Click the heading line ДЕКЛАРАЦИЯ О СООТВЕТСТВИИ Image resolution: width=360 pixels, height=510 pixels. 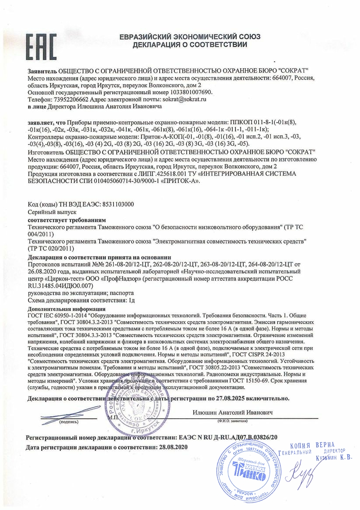[x=190, y=45]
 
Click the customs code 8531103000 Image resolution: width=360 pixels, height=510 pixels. [x=118, y=204]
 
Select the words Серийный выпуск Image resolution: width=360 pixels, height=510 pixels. [x=46, y=211]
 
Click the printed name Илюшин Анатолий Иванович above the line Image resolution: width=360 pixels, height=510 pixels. [x=232, y=412]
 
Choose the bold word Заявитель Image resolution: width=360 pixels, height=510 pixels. [x=42, y=71]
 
